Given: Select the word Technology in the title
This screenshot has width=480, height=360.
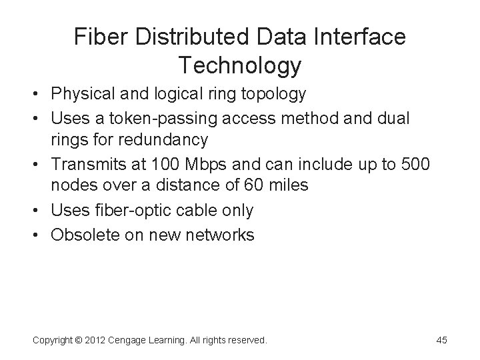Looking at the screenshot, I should pyautogui.click(x=240, y=66).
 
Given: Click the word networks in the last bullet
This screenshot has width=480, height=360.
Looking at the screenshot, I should pyautogui.click(x=221, y=234).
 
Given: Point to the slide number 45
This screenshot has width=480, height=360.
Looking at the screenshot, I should pyautogui.click(x=441, y=340).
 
